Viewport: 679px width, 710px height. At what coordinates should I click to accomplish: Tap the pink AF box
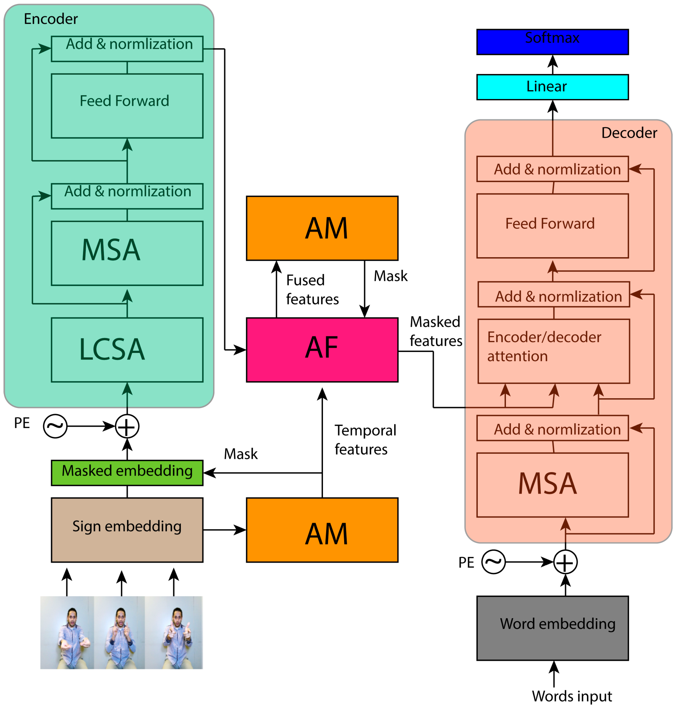click(322, 350)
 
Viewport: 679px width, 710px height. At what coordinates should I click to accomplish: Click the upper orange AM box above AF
click(322, 228)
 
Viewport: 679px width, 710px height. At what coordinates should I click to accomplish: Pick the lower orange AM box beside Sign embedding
click(322, 530)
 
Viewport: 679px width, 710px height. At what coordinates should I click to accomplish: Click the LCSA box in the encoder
click(127, 350)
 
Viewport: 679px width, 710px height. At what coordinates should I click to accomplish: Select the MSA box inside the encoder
click(127, 253)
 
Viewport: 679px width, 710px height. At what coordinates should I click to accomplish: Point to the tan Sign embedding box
click(127, 530)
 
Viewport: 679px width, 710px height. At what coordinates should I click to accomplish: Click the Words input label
click(571, 696)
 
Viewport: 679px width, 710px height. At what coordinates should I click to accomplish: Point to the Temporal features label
click(365, 439)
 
